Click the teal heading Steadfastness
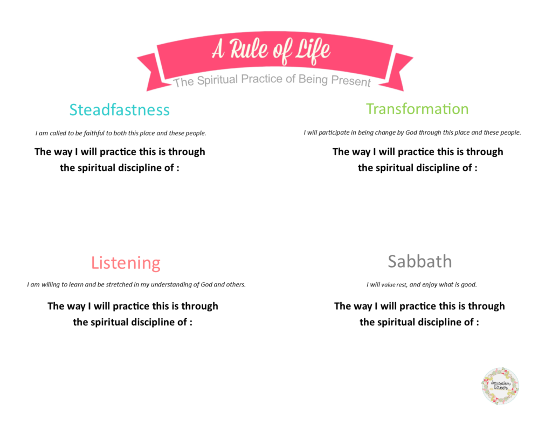[119, 110]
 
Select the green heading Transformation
[417, 109]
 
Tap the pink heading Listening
[126, 263]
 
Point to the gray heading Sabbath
[419, 262]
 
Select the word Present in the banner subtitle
[352, 82]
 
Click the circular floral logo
[500, 386]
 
